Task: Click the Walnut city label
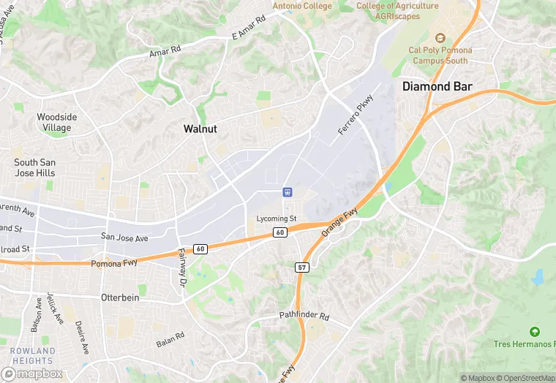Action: [x=200, y=129]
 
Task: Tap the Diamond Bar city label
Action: [x=437, y=86]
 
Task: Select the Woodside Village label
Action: [x=56, y=122]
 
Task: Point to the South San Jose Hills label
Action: [x=34, y=167]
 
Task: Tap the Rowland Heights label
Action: [x=32, y=356]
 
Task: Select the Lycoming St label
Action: [x=277, y=219]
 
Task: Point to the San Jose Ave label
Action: [x=124, y=238]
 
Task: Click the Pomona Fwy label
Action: [x=115, y=262]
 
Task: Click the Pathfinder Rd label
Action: [x=304, y=316]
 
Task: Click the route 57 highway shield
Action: [x=303, y=268]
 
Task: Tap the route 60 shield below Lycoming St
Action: [x=280, y=232]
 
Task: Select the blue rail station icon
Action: [x=288, y=191]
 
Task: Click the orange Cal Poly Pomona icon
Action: [x=440, y=38]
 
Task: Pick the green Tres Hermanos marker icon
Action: [x=534, y=332]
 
